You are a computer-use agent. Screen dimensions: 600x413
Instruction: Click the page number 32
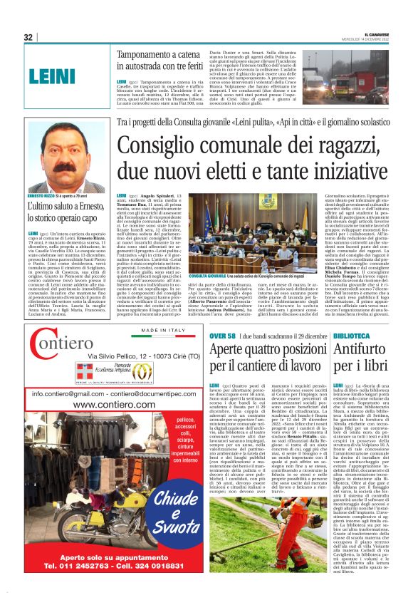[28, 37]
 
